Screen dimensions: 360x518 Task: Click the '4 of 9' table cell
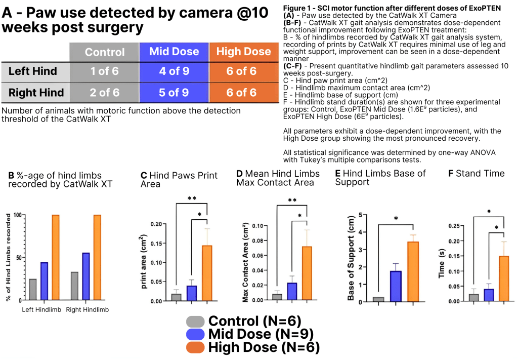point(174,71)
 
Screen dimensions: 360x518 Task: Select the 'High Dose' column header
point(243,52)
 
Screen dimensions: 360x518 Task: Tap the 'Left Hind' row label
point(33,71)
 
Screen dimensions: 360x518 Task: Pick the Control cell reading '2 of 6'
point(105,93)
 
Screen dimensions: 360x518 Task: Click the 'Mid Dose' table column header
point(174,52)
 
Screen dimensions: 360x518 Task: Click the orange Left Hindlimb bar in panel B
point(56,258)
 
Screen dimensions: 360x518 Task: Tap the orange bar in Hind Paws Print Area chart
point(207,273)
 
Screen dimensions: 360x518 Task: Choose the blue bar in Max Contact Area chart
point(292,291)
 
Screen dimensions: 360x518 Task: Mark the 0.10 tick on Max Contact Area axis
point(258,226)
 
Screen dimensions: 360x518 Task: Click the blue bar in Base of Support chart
point(396,286)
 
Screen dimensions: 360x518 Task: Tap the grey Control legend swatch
point(195,321)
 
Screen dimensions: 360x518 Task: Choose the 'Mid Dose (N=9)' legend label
point(261,334)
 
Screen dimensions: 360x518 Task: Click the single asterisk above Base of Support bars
point(396,219)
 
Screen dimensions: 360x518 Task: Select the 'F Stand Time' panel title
point(476,174)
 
